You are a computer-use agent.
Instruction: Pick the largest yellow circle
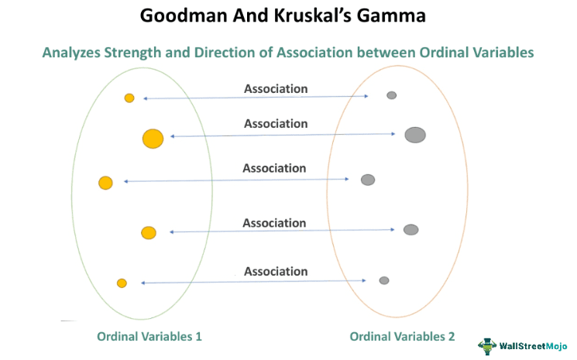(x=153, y=139)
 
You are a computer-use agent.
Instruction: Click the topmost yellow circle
(x=129, y=98)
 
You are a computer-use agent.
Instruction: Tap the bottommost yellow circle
(x=122, y=283)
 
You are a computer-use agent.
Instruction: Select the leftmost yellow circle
(x=105, y=183)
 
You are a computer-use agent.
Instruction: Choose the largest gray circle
(x=415, y=135)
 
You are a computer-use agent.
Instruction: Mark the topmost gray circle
(x=392, y=95)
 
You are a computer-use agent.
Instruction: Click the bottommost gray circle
(x=384, y=280)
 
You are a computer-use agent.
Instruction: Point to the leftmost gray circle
(x=368, y=180)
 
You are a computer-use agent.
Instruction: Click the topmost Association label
(x=276, y=89)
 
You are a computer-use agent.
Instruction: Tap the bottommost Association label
(x=276, y=272)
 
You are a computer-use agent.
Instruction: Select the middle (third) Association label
(x=274, y=168)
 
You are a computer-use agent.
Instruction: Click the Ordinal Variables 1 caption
(x=149, y=337)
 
